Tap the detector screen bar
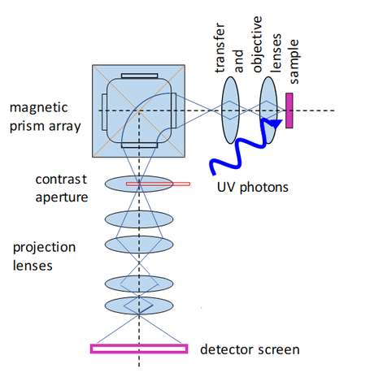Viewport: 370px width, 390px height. tap(139, 349)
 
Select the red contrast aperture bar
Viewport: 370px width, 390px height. tap(159, 184)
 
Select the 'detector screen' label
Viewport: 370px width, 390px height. tap(250, 350)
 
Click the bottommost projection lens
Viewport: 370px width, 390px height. tap(139, 305)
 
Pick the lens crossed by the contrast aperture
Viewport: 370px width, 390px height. tap(139, 184)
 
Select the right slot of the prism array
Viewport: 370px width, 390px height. tap(173, 110)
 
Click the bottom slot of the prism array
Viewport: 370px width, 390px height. tap(139, 144)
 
